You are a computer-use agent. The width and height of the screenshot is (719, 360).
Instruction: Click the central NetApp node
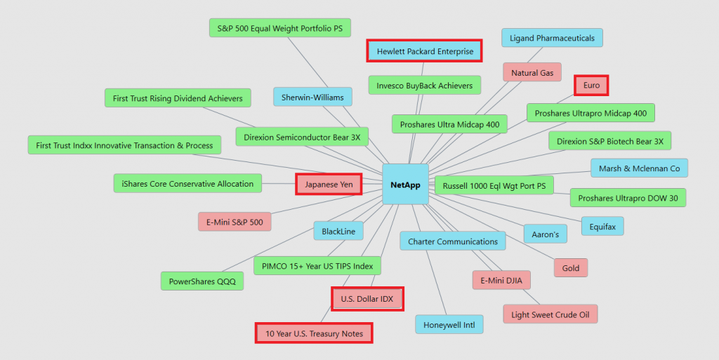(405, 184)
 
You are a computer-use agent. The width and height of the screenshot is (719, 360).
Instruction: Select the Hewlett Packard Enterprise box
(425, 51)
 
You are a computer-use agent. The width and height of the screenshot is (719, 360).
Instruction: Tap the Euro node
(591, 86)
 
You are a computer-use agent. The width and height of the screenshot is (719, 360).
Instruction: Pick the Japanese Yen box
(329, 185)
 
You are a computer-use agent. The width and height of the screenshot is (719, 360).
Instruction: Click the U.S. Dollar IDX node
(367, 299)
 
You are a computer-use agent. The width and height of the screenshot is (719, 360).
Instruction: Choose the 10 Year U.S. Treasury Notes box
(313, 333)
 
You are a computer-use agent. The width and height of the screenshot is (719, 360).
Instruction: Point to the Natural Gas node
(532, 72)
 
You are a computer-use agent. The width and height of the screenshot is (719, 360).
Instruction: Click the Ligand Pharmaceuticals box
(552, 38)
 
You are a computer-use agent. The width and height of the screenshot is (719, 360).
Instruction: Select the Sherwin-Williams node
(312, 97)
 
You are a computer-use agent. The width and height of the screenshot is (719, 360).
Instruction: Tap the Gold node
(571, 268)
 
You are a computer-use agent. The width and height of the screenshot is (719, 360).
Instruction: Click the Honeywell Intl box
(449, 325)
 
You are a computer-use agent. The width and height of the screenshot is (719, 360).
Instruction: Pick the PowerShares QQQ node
(202, 282)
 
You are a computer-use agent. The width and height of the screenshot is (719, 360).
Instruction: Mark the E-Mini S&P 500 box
(235, 222)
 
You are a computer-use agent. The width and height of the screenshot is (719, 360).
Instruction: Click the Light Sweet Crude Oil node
(550, 314)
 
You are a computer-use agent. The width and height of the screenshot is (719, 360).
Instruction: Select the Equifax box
(602, 227)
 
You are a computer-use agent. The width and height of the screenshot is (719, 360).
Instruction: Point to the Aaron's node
(546, 234)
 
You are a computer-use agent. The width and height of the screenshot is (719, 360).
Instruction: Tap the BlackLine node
(338, 231)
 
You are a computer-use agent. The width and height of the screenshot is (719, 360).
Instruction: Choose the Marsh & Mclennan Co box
(639, 168)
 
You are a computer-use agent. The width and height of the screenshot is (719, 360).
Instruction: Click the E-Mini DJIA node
(501, 281)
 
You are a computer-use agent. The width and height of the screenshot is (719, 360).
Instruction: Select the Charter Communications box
(453, 241)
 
